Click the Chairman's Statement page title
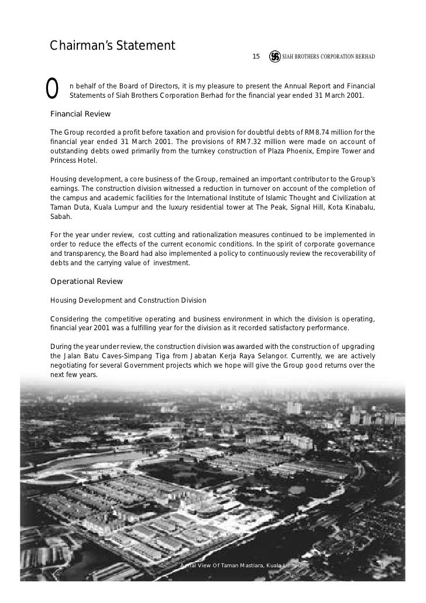pyautogui.click(x=112, y=45)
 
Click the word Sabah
pyautogui.click(x=60, y=217)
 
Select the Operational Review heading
pyautogui.click(x=87, y=281)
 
